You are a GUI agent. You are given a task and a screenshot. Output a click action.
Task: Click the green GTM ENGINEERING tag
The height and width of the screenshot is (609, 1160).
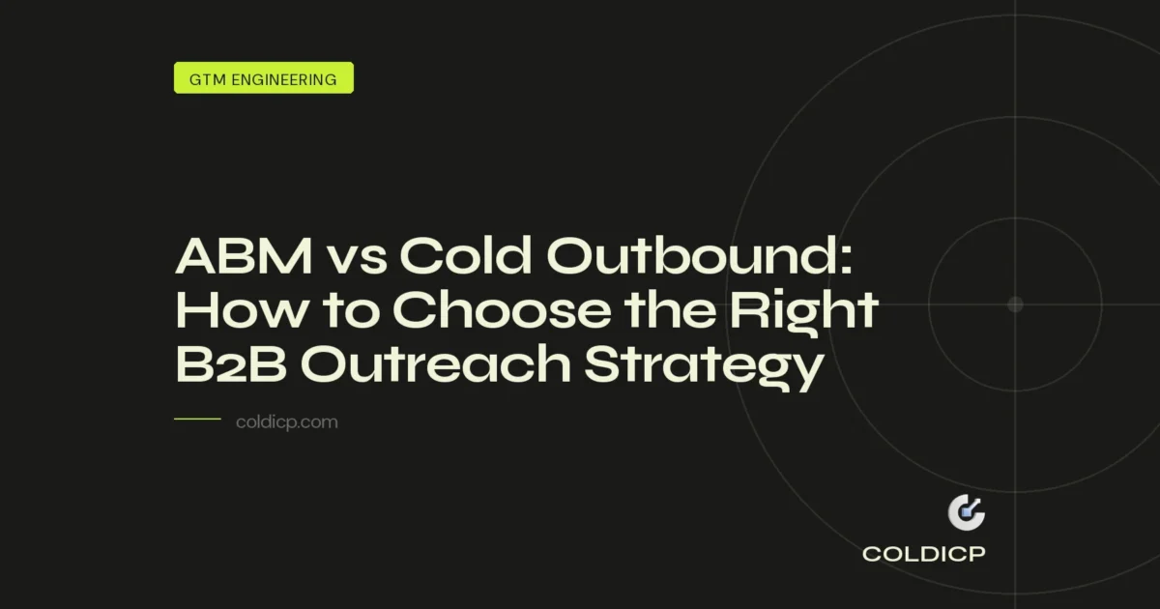coord(263,78)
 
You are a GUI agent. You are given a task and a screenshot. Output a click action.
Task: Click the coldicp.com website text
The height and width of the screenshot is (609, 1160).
coord(287,422)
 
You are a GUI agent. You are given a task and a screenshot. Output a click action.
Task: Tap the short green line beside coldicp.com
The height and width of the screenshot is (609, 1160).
coord(197,420)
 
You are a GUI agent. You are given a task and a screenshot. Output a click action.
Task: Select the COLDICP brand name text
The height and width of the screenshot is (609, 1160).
coord(923,555)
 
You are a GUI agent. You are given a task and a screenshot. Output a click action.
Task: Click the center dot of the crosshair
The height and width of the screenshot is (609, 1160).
coord(1015,304)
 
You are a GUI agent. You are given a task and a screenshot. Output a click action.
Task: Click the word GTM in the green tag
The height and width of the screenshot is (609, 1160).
coord(206,79)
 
